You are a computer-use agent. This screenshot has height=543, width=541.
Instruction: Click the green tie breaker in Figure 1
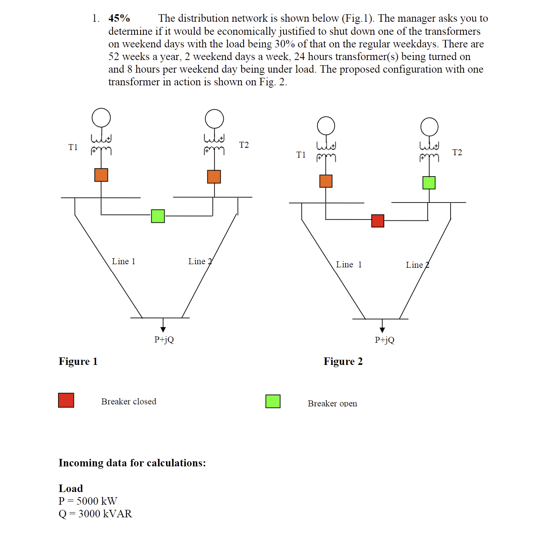click(158, 216)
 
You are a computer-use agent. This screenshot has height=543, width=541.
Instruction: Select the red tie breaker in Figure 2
click(378, 221)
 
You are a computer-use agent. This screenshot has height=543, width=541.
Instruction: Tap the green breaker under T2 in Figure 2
click(429, 183)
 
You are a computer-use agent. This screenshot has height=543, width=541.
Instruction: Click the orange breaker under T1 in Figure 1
click(101, 175)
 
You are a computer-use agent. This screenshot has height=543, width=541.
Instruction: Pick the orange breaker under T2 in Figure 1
click(214, 177)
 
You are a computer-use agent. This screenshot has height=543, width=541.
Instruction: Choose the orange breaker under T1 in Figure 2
click(326, 181)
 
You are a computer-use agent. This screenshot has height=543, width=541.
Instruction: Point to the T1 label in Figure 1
click(73, 147)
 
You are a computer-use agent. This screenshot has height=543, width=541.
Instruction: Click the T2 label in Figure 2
click(457, 152)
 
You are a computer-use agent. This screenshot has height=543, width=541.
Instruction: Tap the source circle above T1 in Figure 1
click(101, 118)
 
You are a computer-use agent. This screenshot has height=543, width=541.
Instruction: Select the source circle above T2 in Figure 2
click(429, 127)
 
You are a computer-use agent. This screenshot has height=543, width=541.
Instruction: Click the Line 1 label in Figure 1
click(123, 261)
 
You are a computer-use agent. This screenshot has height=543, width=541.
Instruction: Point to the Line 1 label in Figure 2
click(349, 265)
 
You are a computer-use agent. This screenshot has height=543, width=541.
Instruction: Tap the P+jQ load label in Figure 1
click(164, 340)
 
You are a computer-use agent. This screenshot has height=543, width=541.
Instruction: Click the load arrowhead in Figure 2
click(382, 330)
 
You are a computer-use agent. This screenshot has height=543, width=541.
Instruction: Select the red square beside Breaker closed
click(66, 400)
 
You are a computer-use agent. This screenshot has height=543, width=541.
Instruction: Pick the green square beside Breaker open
click(273, 401)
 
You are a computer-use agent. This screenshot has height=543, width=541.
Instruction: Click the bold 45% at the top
click(119, 19)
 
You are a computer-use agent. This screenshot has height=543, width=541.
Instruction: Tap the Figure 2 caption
click(343, 361)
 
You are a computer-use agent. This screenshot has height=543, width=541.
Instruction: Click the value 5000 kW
click(97, 501)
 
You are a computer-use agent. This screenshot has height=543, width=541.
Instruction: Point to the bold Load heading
click(71, 489)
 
